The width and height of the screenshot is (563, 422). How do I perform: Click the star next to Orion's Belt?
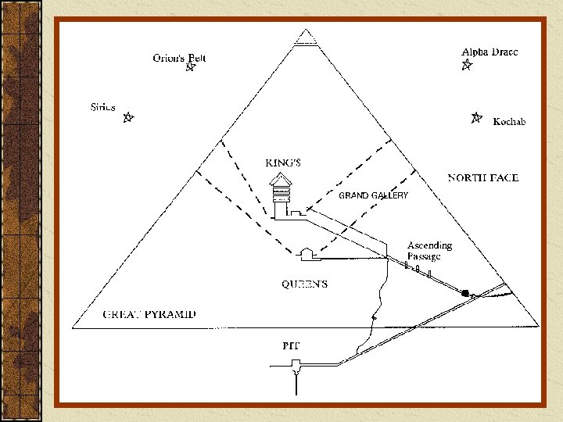point(188,68)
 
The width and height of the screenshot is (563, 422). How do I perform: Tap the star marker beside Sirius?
point(128,119)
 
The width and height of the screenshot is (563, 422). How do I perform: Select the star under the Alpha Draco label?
point(466,66)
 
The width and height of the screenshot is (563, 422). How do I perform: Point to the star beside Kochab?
point(475,119)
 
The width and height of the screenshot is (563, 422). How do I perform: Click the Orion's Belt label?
point(179,57)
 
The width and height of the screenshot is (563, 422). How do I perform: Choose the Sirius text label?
point(103,106)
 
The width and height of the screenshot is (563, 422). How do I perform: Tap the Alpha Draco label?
point(489,52)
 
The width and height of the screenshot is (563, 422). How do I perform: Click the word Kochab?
point(509,122)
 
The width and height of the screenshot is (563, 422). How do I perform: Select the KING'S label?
point(283,163)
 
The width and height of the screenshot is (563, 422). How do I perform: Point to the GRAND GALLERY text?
point(373,196)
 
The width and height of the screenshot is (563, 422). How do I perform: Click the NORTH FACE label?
point(482,178)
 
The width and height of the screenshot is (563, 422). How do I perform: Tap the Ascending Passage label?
point(429,251)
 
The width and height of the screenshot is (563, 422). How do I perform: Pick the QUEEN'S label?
point(304,284)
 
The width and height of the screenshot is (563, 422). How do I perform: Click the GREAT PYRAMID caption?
point(150,315)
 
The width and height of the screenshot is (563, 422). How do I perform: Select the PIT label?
point(291,345)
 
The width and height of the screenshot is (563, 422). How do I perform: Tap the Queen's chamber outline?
point(307,253)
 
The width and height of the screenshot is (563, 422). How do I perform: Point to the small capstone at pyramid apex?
point(306,36)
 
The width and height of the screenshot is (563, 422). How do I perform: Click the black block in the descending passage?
point(465,293)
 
